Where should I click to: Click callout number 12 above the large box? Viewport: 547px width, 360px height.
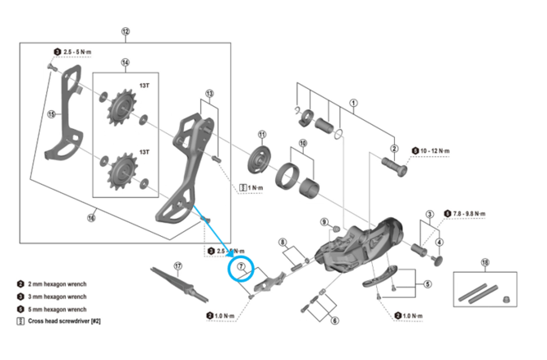[126, 32]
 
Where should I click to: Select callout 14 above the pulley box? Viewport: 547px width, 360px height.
[126, 62]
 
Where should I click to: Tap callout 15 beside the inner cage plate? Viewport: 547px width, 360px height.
[51, 114]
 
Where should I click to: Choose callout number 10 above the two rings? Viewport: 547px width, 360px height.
[302, 143]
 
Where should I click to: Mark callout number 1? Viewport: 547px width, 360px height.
[354, 104]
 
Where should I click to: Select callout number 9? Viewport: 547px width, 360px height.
[325, 223]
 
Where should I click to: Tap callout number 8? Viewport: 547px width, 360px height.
[283, 242]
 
